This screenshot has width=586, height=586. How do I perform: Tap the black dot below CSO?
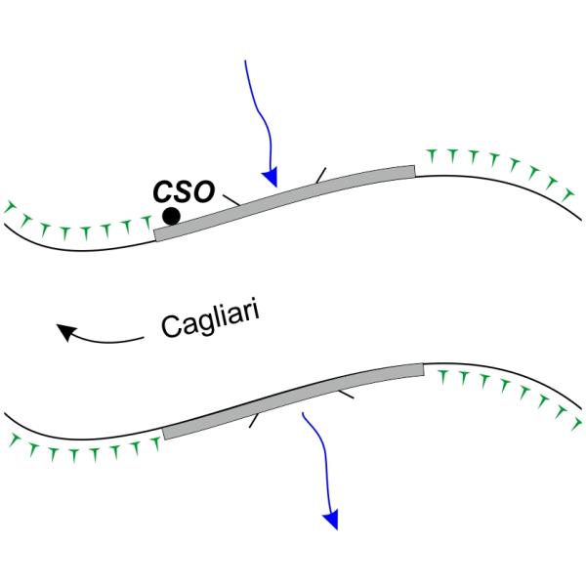[171, 216]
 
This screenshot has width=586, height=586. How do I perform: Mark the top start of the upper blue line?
[244, 61]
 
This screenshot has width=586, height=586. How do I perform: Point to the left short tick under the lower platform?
[255, 421]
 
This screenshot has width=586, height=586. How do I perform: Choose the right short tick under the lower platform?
[344, 396]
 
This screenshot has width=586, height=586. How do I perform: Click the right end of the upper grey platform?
[413, 172]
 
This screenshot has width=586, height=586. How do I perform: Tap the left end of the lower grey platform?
[164, 433]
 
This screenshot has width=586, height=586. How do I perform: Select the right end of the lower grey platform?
[422, 369]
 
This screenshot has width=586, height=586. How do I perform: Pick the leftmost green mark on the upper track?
[10, 207]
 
